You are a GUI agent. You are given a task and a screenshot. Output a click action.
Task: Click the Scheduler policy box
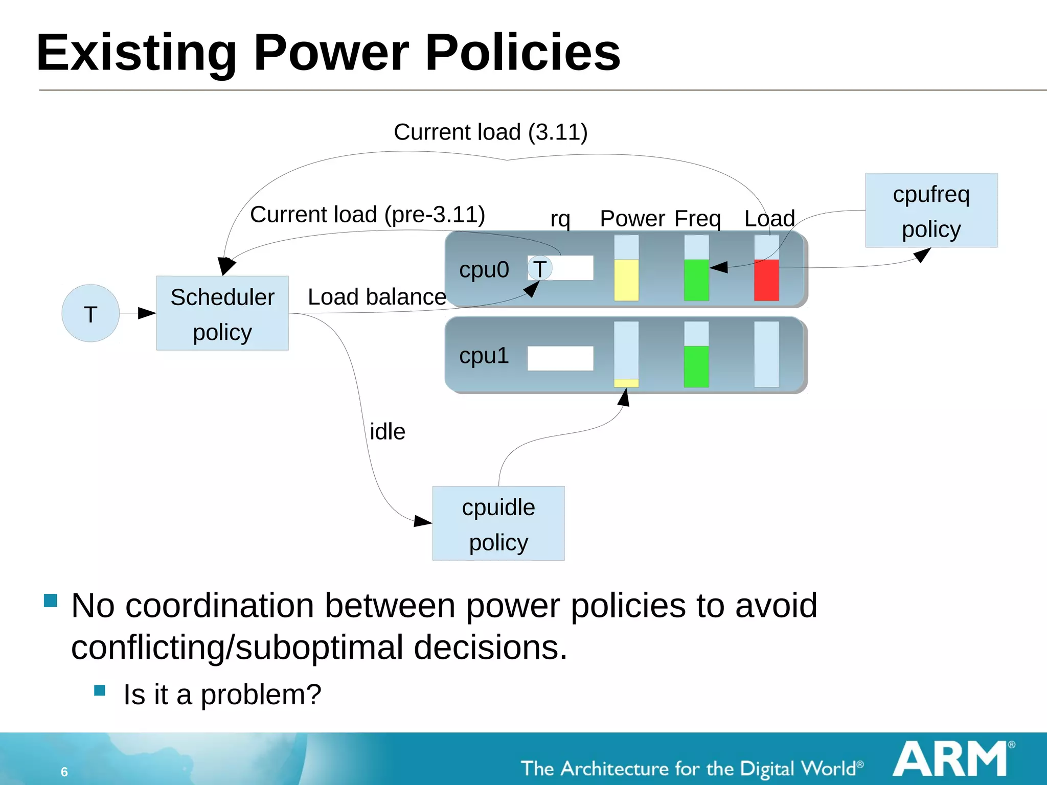coord(222,313)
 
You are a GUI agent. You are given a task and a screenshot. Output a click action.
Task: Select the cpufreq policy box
coord(931,210)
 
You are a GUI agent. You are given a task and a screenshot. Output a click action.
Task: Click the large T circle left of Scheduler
coord(90,313)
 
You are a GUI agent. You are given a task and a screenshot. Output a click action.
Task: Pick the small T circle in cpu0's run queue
coord(540,268)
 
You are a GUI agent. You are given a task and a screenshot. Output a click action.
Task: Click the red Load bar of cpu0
coord(766,280)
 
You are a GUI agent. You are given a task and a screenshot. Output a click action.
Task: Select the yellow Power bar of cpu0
coord(626,280)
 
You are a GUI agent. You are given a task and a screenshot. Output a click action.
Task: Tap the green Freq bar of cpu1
coord(696,366)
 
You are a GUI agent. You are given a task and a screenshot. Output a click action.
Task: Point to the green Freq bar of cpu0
coord(696,280)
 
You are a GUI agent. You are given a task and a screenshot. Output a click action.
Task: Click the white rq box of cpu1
coord(560,358)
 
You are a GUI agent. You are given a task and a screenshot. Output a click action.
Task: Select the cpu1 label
coord(484,355)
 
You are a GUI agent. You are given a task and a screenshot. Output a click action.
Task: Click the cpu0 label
coord(484,269)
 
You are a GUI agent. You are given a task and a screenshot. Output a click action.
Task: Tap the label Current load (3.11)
coord(490,132)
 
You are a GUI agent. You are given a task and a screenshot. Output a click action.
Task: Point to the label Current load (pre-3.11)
coord(368,214)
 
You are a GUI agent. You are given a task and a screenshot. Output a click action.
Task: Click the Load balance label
coord(377,297)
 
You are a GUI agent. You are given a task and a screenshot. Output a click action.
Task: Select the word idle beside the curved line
coord(388,432)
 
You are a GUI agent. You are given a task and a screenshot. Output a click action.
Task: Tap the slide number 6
coord(64,772)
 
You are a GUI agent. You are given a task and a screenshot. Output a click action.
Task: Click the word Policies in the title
coord(522,52)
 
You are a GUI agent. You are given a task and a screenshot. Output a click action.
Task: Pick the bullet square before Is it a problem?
coord(100,691)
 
